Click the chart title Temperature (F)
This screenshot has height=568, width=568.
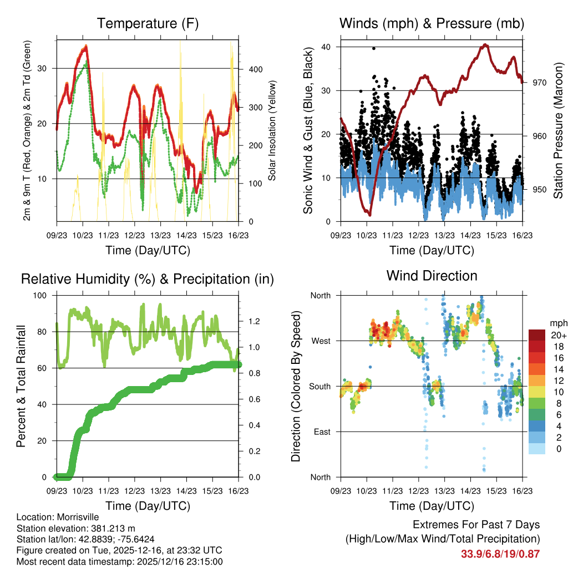(x=148, y=23)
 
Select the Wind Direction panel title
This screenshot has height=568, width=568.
(x=432, y=275)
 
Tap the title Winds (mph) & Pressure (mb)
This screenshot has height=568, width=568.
(x=432, y=23)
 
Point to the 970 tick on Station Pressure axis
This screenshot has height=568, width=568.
(x=540, y=83)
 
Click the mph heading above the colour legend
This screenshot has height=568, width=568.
(x=557, y=323)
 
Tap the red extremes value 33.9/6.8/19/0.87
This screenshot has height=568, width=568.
(x=500, y=554)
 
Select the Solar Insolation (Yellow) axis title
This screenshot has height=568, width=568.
(x=272, y=130)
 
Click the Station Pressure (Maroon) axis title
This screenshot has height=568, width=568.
(x=558, y=130)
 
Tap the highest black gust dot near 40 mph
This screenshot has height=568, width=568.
(x=374, y=48)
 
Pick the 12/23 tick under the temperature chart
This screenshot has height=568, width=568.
(x=134, y=235)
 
